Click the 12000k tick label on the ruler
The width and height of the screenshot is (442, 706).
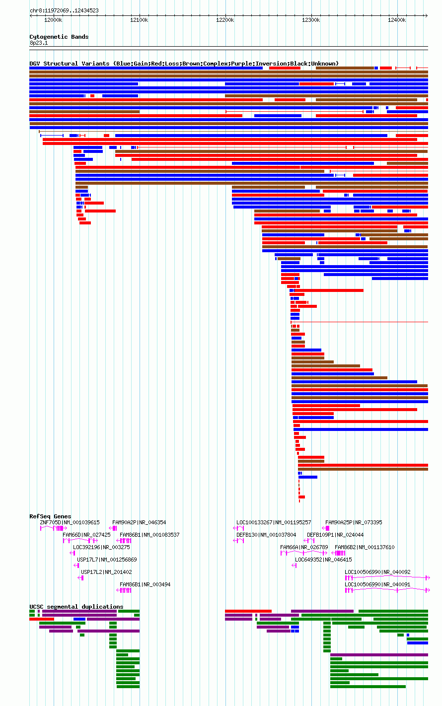(x=53, y=20)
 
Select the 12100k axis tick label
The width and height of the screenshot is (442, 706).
(x=139, y=20)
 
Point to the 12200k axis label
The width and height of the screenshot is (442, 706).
(x=225, y=20)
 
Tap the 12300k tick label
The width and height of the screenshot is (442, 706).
(x=311, y=20)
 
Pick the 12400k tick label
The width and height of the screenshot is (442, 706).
(x=397, y=20)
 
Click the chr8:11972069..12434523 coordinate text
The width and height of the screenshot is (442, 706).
(x=65, y=11)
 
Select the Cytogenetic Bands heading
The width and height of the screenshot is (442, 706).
(x=59, y=37)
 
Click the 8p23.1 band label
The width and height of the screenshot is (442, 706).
(x=39, y=43)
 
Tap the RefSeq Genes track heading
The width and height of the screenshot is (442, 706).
(x=50, y=516)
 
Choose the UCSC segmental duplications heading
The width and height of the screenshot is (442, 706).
(x=76, y=607)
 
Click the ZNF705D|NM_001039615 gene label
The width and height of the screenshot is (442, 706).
(x=70, y=523)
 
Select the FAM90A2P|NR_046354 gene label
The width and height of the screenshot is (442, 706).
(x=139, y=523)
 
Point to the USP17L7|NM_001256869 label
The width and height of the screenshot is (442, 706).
(x=107, y=560)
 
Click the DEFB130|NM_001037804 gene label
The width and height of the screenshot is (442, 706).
(x=266, y=535)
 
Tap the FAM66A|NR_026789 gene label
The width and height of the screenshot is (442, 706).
(x=304, y=548)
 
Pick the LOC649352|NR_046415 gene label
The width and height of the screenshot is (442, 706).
(x=323, y=560)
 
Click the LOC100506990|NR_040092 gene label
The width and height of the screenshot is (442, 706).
(x=377, y=572)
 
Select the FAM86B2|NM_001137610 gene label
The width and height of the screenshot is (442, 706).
(x=365, y=548)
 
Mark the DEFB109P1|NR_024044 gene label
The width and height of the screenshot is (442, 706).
(x=335, y=535)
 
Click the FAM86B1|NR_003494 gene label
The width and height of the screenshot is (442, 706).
(x=145, y=585)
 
